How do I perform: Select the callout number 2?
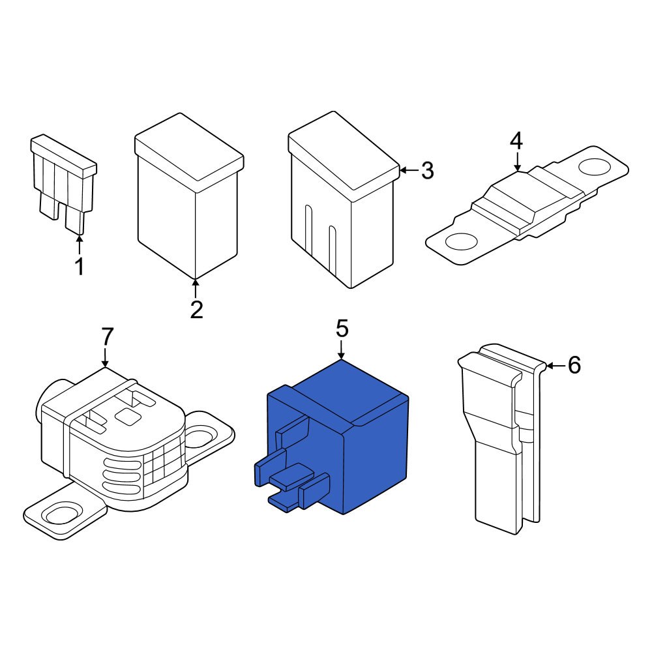click(196, 309)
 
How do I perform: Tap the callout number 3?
click(427, 171)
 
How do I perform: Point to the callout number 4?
click(516, 140)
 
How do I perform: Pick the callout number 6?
click(574, 366)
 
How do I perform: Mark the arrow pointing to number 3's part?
click(407, 171)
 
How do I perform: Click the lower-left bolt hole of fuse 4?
click(460, 241)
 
